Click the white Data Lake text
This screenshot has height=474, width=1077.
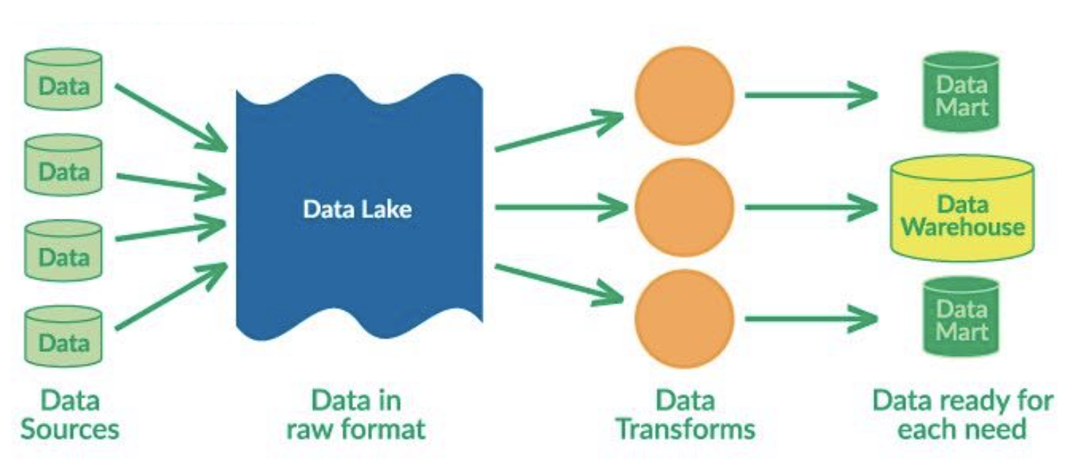pyautogui.click(x=358, y=210)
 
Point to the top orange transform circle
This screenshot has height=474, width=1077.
pyautogui.click(x=684, y=96)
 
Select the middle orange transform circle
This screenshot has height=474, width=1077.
pyautogui.click(x=684, y=208)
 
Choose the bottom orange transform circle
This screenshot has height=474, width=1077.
pyautogui.click(x=684, y=319)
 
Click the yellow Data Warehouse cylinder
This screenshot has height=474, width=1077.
pyautogui.click(x=962, y=209)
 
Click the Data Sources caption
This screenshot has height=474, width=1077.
pyautogui.click(x=70, y=414)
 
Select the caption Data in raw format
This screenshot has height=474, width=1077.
pyautogui.click(x=356, y=414)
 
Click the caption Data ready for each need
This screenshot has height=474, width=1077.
pyautogui.click(x=962, y=414)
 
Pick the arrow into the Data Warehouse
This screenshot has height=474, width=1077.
pyautogui.click(x=810, y=208)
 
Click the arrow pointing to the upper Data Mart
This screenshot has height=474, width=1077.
pyautogui.click(x=810, y=95)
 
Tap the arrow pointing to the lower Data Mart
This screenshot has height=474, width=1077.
pyautogui.click(x=810, y=319)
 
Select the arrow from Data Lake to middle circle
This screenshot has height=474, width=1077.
pyautogui.click(x=559, y=208)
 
